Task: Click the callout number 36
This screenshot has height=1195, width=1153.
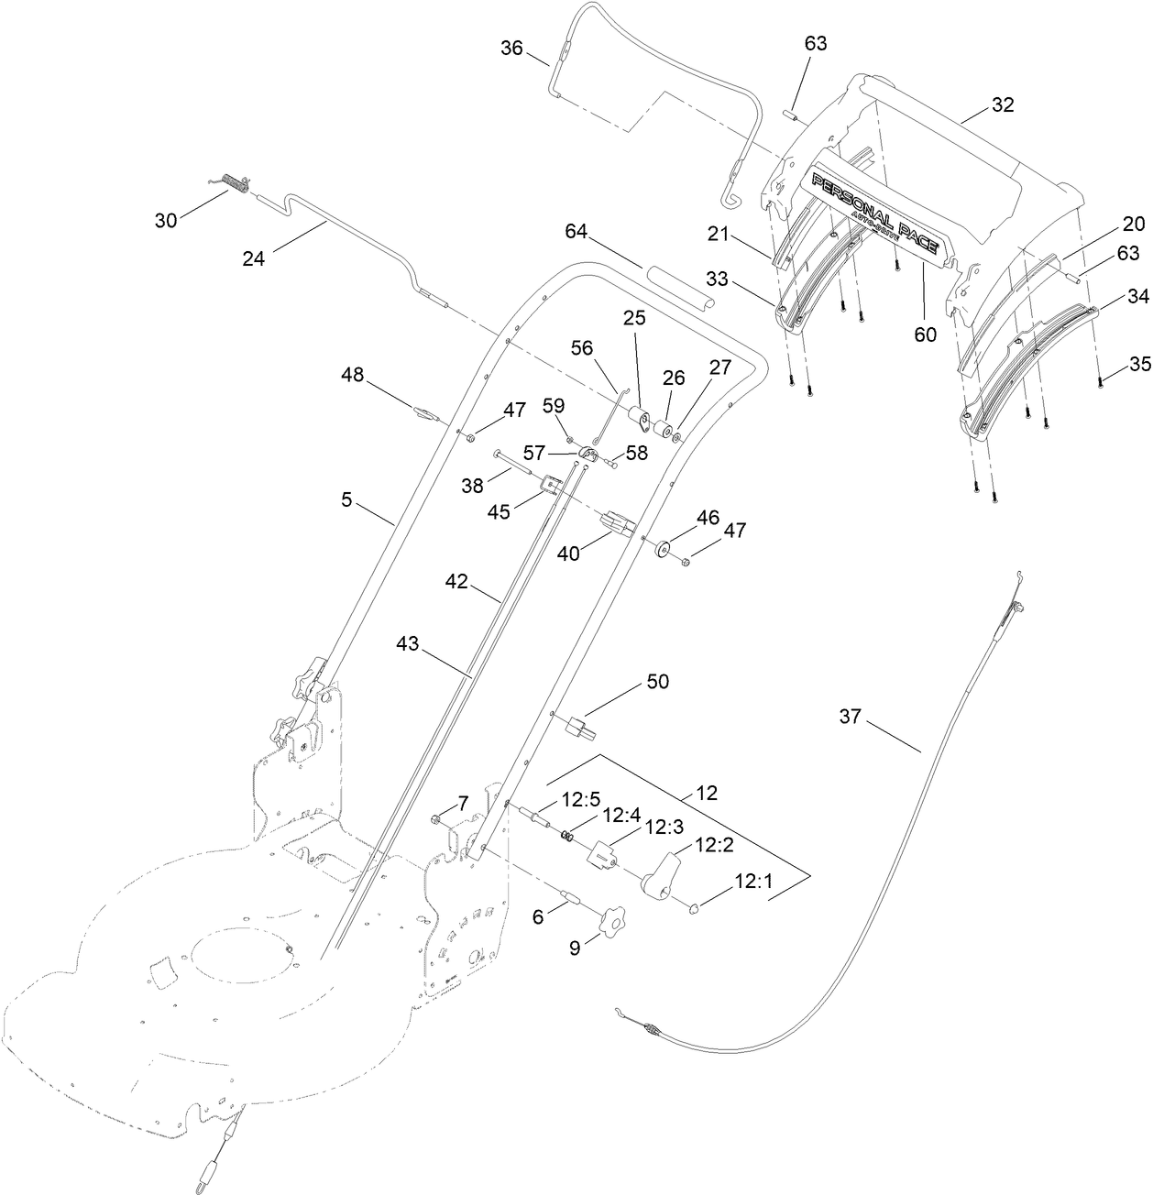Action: pos(511,48)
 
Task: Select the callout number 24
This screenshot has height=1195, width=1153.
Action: pos(254,258)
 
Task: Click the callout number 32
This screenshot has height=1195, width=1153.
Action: pos(1003,104)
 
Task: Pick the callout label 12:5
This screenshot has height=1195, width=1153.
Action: pos(579,799)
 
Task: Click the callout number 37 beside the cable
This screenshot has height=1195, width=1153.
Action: pos(851,716)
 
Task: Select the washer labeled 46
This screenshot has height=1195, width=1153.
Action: pos(662,551)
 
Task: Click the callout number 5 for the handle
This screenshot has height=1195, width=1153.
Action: pos(346,500)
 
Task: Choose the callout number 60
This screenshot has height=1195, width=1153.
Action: pos(925,334)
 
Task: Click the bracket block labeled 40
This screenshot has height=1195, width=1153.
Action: pos(618,526)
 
